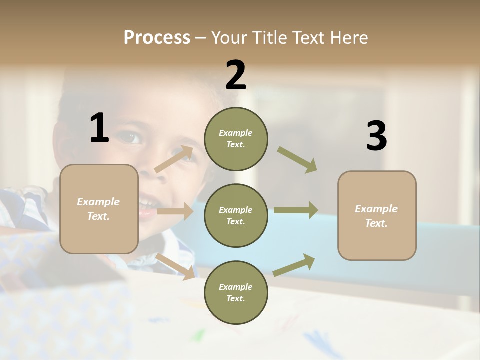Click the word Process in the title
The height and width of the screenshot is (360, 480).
click(157, 38)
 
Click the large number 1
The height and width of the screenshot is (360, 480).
click(99, 128)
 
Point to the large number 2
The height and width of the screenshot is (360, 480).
click(236, 75)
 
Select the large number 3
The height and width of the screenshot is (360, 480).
click(376, 136)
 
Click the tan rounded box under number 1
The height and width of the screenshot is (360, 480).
click(99, 209)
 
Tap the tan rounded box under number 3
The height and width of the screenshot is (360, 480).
click(377, 216)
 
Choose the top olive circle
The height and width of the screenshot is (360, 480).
click(236, 139)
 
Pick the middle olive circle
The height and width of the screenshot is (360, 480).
click(236, 215)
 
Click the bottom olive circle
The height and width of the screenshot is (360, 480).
click(236, 292)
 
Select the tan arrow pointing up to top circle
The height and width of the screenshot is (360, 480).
click(174, 159)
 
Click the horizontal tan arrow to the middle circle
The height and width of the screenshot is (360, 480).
click(175, 211)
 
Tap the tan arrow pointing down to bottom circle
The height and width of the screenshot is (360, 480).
click(175, 266)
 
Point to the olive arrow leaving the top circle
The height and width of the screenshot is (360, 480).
click(297, 160)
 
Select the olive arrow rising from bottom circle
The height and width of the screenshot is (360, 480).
click(294, 265)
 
